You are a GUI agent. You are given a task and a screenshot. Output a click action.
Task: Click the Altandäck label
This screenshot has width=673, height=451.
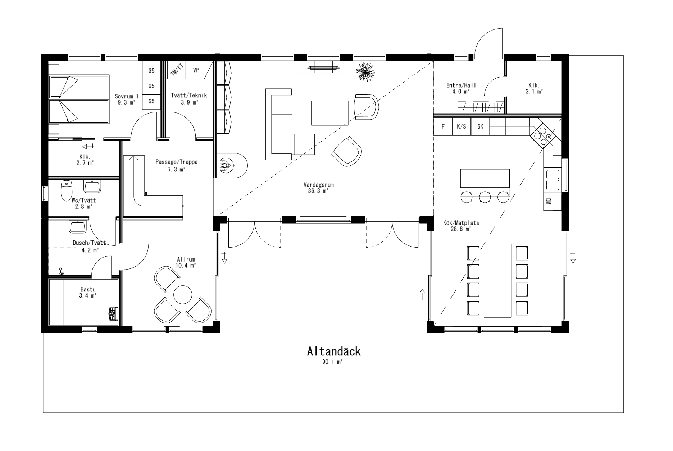[333, 351]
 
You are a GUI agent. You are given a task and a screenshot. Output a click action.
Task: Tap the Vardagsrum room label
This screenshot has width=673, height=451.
[319, 185]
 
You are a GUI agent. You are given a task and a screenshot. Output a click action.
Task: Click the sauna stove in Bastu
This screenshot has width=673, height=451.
[113, 313]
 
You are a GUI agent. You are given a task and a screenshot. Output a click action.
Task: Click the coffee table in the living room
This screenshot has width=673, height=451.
[330, 113]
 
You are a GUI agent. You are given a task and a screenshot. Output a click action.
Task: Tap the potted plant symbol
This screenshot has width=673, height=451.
[366, 72]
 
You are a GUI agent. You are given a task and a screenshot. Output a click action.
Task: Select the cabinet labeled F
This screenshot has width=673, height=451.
[443, 126]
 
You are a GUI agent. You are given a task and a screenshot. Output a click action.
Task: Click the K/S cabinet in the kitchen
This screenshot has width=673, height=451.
[461, 126]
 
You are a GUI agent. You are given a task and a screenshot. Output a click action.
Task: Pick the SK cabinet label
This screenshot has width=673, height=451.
[480, 126]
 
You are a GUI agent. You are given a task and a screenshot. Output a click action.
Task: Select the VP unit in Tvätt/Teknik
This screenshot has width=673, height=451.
[196, 70]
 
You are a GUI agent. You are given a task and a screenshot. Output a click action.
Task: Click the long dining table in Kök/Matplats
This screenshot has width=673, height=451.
[497, 280]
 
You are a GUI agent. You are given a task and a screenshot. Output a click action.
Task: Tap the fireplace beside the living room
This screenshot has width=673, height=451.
[232, 165]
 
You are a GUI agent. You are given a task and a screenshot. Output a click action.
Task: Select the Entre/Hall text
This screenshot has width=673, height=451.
[461, 85]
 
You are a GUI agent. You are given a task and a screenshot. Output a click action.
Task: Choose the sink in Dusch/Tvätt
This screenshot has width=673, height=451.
[78, 227]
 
